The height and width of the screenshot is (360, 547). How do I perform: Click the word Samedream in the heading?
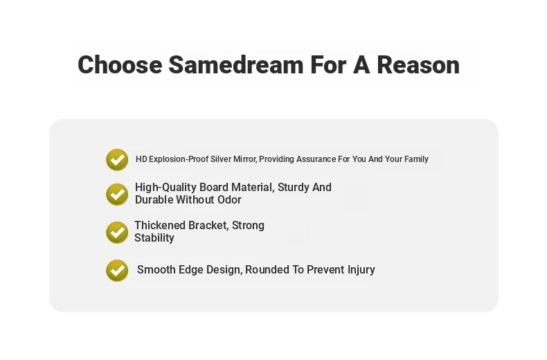click(x=236, y=65)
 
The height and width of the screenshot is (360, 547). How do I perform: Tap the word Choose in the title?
click(x=120, y=65)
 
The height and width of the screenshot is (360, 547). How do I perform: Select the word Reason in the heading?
click(x=418, y=65)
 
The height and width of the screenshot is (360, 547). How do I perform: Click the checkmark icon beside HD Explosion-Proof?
click(x=117, y=160)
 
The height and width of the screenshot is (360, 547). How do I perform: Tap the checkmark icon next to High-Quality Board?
click(x=117, y=195)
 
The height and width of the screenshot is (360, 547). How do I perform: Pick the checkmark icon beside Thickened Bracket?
click(x=117, y=233)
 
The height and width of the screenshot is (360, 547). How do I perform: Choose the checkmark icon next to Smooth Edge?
click(x=117, y=271)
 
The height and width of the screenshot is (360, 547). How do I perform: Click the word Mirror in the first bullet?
click(x=245, y=159)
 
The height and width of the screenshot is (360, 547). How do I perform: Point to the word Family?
click(x=416, y=159)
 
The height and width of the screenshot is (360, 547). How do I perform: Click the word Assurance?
click(x=316, y=159)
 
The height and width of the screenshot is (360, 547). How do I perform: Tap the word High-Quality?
click(x=165, y=188)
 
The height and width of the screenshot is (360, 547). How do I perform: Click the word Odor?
click(x=230, y=200)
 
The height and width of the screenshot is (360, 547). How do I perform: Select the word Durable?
click(x=154, y=200)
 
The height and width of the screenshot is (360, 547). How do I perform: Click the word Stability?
click(x=154, y=238)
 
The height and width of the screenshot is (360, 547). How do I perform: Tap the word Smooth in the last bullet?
click(x=156, y=269)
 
